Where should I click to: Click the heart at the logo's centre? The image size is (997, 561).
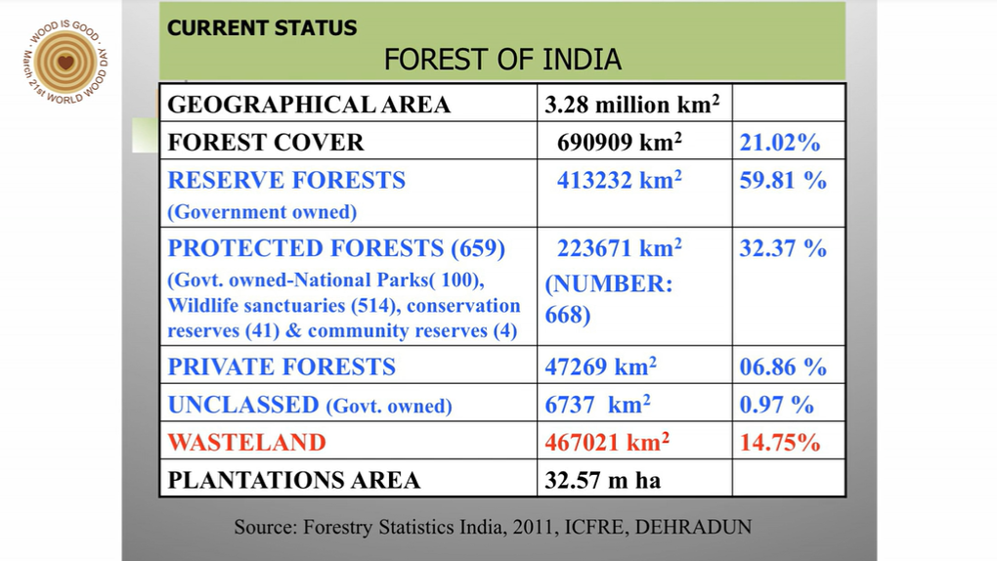click(x=65, y=63)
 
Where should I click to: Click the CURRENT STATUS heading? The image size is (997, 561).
click(x=262, y=28)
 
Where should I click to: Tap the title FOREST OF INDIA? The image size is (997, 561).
click(x=502, y=60)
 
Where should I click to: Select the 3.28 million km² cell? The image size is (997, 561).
click(x=632, y=105)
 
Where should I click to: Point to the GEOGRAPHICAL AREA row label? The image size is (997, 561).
click(x=309, y=105)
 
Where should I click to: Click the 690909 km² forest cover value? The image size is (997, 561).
click(x=620, y=142)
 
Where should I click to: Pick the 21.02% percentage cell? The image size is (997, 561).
click(x=780, y=143)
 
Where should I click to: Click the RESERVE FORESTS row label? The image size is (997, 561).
click(x=286, y=180)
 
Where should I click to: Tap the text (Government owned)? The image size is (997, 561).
click(x=262, y=212)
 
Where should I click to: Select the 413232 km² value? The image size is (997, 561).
click(x=620, y=180)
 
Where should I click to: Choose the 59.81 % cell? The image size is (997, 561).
click(x=783, y=180)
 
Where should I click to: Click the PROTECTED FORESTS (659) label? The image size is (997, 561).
click(x=336, y=248)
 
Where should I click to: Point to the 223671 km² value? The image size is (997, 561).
click(x=620, y=247)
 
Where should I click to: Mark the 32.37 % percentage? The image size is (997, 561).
click(x=783, y=248)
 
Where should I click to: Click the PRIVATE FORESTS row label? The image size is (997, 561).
click(x=282, y=367)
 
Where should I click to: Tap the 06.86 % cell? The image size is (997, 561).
click(x=783, y=367)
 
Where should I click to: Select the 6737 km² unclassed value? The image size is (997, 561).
click(x=597, y=404)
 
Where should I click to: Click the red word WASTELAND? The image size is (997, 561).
click(x=246, y=442)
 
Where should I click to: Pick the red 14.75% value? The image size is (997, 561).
click(x=780, y=442)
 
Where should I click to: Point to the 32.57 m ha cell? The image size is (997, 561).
click(x=603, y=480)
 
